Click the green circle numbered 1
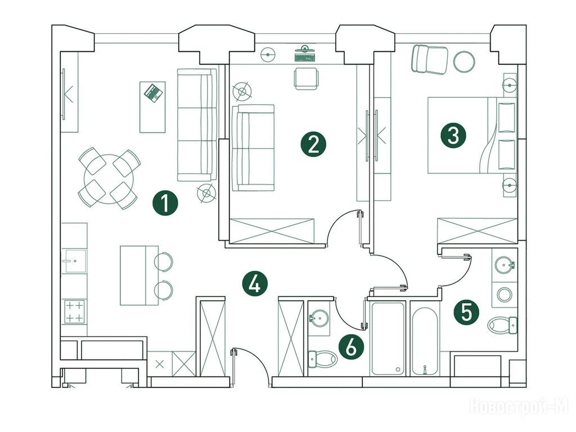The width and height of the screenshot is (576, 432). coord(165,203)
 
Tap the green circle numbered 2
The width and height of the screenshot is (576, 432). coord(313,144)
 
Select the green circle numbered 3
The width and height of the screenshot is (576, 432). coord(453,136)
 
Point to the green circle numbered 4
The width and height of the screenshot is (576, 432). coord(254,283)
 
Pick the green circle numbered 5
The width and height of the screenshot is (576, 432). coord(466,312)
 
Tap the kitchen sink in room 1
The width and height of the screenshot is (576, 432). coord(74,262)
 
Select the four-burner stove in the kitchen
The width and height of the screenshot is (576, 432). coord(74,311)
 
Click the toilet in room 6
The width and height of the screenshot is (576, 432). coord(322,358)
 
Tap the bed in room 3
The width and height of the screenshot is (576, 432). coord(471,136)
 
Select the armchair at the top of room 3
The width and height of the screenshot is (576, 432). coord(430,59)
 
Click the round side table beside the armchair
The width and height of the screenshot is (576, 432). coord(464,61)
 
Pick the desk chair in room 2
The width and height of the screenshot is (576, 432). coord(305,78)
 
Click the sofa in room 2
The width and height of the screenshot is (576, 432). coord(253,147)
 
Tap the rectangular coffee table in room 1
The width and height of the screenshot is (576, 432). coord(152,107)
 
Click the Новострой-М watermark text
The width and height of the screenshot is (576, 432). coord(519,406)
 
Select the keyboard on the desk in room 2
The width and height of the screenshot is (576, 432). coord(305,57)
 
